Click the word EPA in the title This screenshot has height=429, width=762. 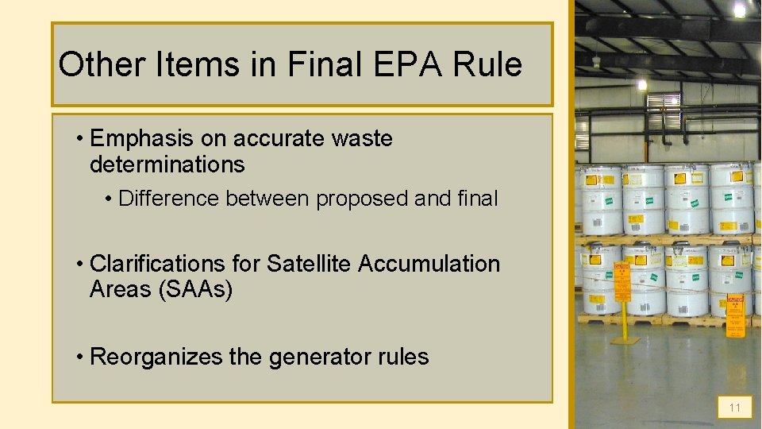[429, 64]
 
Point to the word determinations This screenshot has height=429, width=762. [167, 164]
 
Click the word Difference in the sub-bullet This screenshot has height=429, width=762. [169, 199]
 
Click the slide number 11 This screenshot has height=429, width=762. [734, 408]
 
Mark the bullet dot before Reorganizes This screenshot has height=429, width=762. [81, 357]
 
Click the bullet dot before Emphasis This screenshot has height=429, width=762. [81, 138]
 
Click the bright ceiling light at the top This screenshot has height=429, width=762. [740, 10]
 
